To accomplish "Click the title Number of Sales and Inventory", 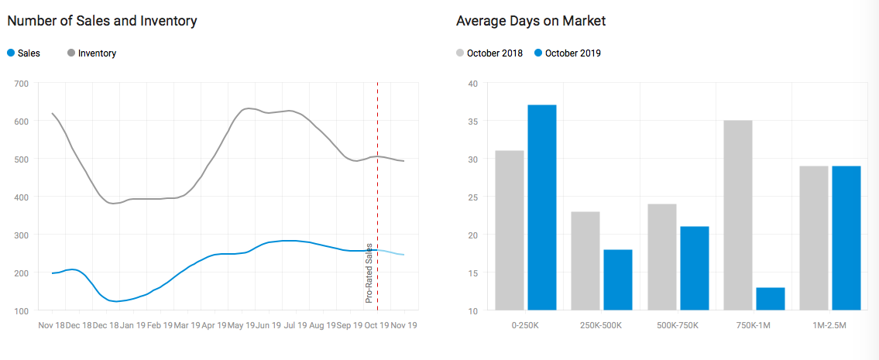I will tap(102, 21).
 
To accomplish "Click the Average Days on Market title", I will tap(531, 21).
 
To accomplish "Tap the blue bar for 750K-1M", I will tap(770, 299).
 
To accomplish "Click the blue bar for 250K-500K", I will tap(617, 279).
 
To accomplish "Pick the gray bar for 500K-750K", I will tap(661, 257).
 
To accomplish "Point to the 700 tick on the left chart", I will tap(21, 84).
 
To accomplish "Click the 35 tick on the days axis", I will tap(472, 122).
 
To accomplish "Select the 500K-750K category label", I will tap(678, 326).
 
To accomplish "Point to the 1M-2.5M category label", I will tap(830, 326).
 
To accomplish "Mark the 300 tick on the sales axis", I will tap(21, 235).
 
